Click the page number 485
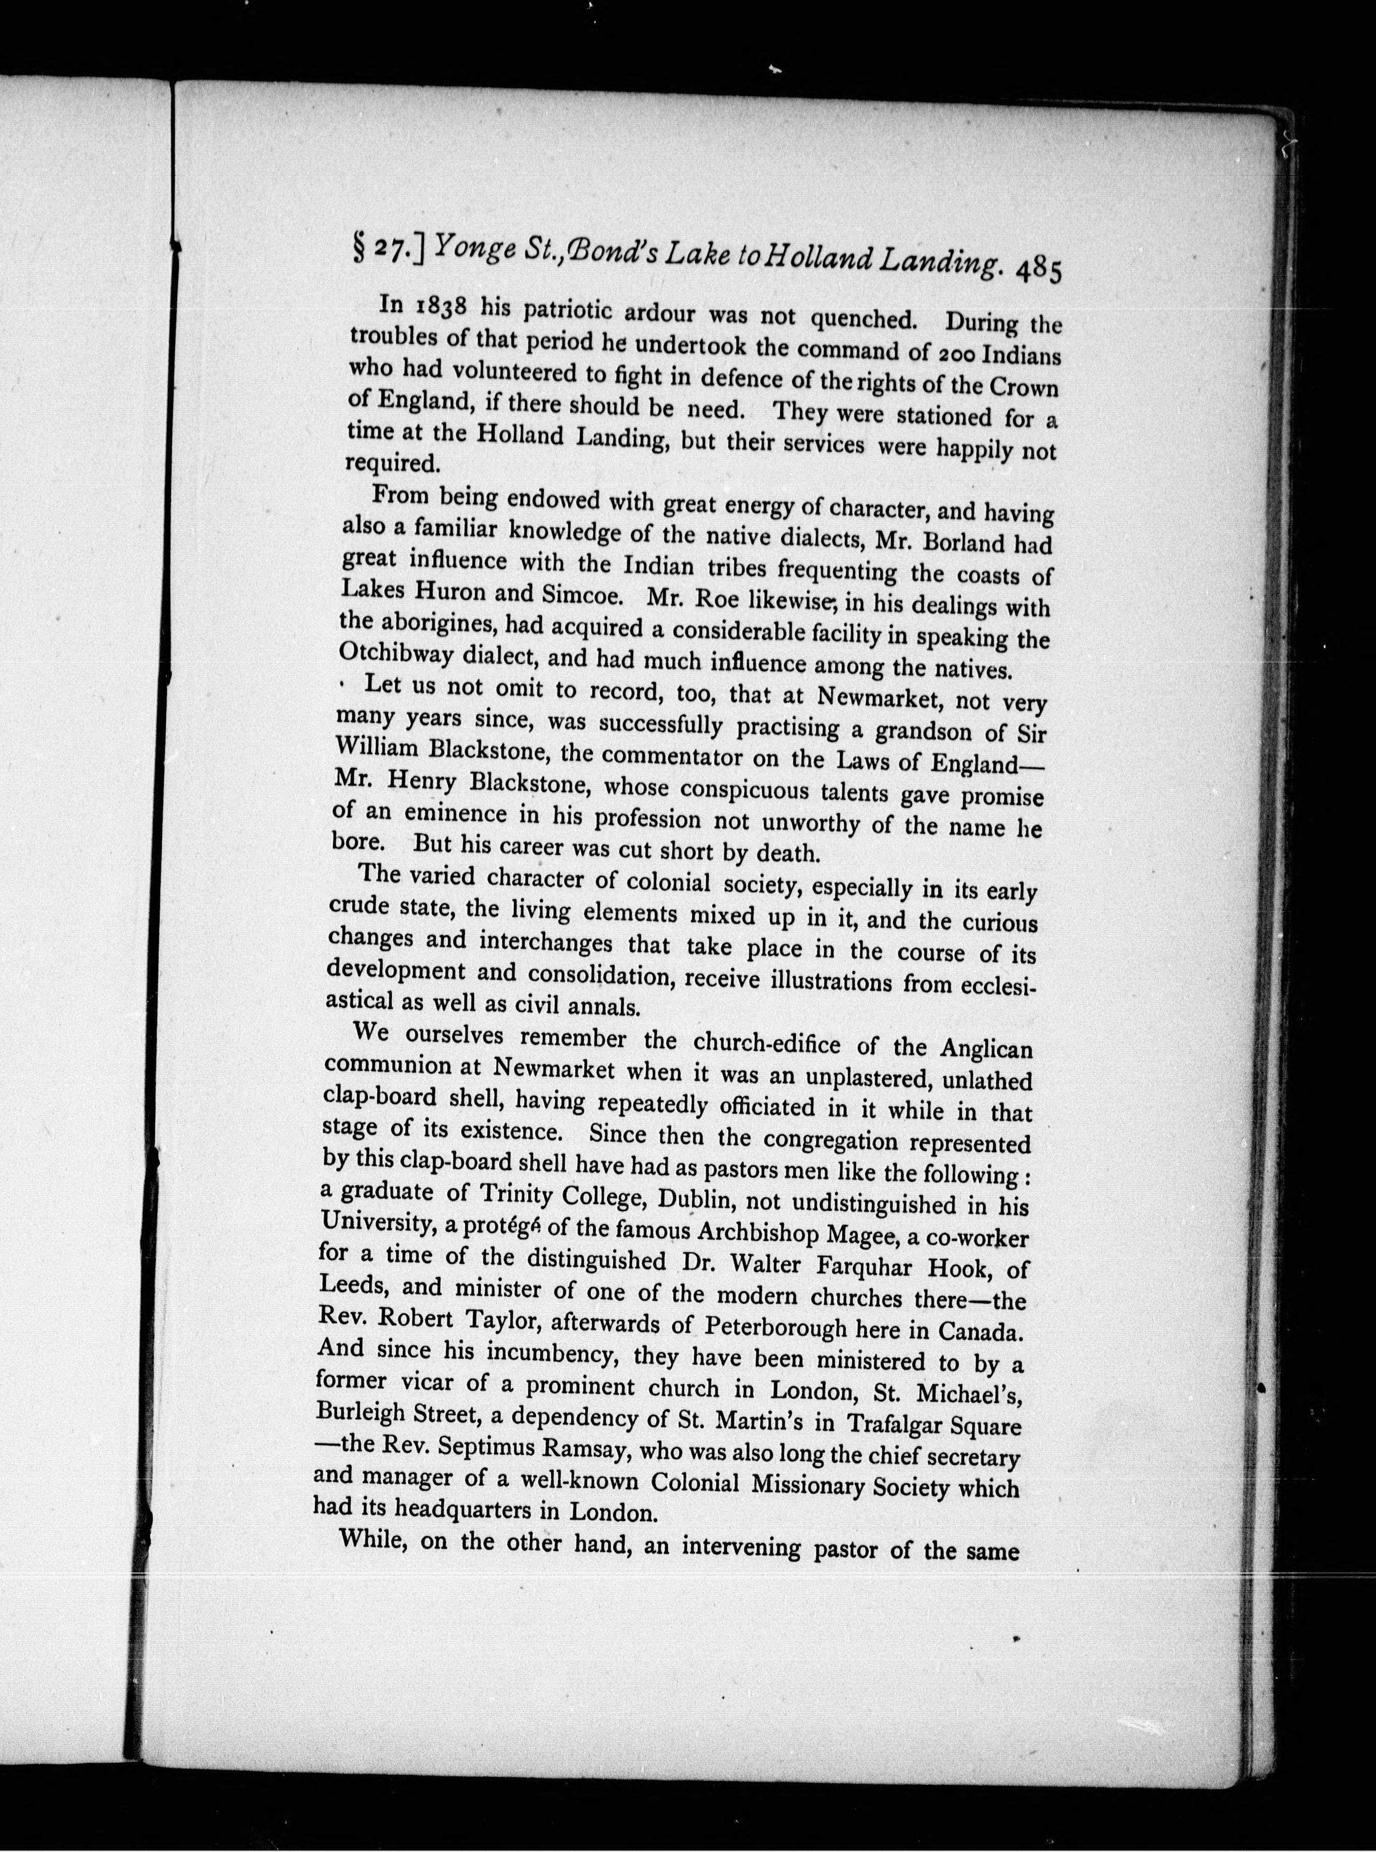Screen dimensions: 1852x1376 (1038, 271)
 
